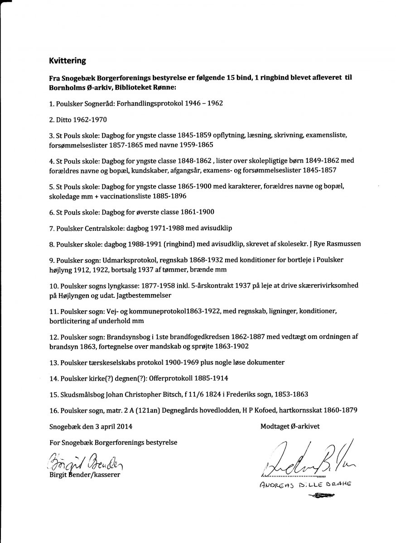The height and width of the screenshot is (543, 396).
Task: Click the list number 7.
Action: (x=52, y=228)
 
